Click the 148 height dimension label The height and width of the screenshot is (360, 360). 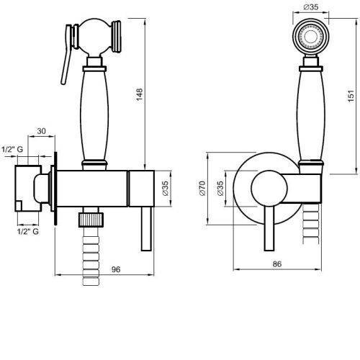pyautogui.click(x=140, y=94)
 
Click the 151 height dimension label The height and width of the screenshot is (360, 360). pyautogui.click(x=351, y=96)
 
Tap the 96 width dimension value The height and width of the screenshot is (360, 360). pyautogui.click(x=116, y=269)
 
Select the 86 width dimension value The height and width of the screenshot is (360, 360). pyautogui.click(x=277, y=264)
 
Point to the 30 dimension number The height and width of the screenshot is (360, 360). pyautogui.click(x=41, y=131)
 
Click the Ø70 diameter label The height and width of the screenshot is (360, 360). pyautogui.click(x=202, y=189)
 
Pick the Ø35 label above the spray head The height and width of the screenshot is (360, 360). pyautogui.click(x=311, y=7)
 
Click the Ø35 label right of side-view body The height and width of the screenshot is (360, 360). pyautogui.click(x=166, y=189)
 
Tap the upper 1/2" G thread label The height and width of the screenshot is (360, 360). pyautogui.click(x=12, y=149)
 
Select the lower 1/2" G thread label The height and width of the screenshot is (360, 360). pyautogui.click(x=28, y=232)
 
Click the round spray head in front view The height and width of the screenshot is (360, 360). pyautogui.click(x=311, y=37)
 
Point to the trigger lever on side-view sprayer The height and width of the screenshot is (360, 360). pyautogui.click(x=67, y=55)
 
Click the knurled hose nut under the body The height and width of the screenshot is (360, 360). pyautogui.click(x=91, y=220)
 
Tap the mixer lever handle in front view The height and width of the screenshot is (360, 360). pyautogui.click(x=269, y=228)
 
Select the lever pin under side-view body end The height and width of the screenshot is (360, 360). pyautogui.click(x=146, y=229)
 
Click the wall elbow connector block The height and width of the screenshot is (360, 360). pyautogui.click(x=28, y=189)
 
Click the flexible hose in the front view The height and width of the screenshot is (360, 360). pyautogui.click(x=311, y=224)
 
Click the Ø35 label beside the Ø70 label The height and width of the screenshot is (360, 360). pyautogui.click(x=220, y=189)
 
